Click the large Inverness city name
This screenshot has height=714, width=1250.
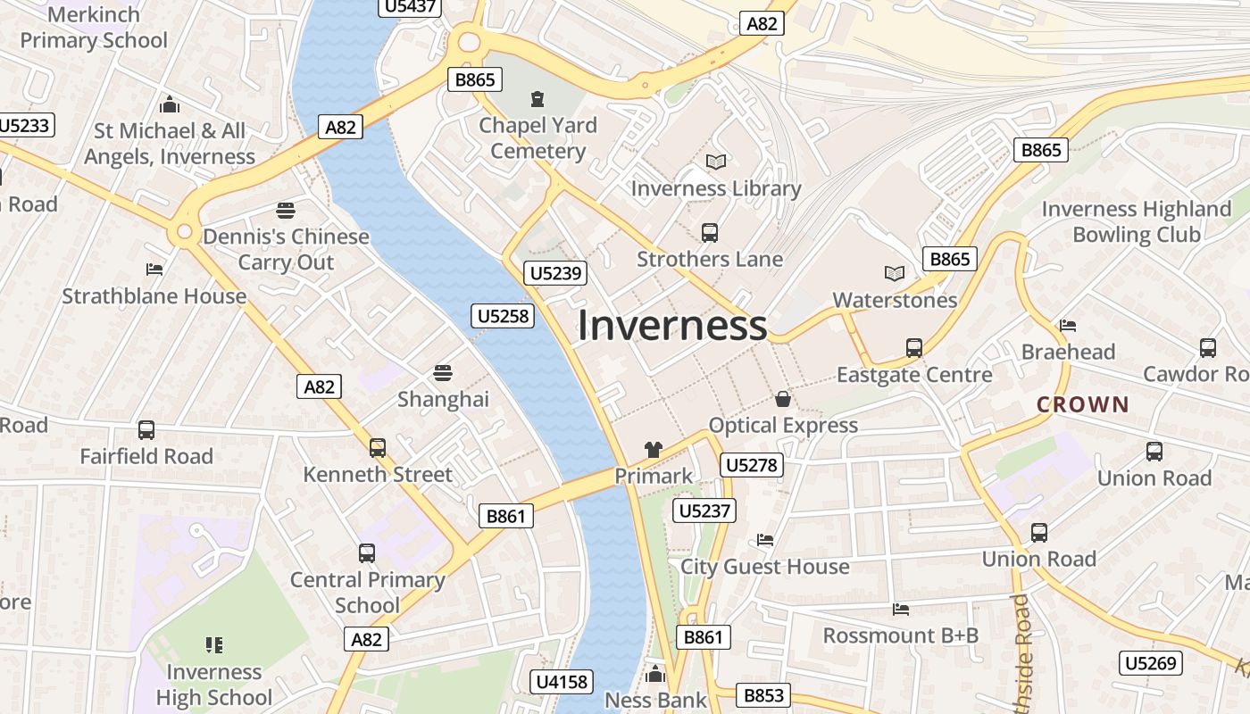671,326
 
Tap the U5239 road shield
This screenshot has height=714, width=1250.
556,273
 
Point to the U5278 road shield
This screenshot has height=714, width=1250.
752,465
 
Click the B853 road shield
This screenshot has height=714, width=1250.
763,695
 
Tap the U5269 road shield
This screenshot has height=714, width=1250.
1151,663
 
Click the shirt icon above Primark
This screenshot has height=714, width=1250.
654,450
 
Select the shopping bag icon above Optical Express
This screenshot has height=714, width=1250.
783,399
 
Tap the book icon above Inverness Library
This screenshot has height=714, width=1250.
716,162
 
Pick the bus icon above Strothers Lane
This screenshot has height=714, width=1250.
710,233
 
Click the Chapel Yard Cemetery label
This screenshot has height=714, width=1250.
537,137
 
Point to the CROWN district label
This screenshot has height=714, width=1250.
1083,404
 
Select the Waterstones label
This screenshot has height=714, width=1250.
895,300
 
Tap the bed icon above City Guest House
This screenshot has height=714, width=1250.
765,540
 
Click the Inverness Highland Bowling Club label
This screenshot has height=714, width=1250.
1136,221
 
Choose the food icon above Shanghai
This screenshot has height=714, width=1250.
443,372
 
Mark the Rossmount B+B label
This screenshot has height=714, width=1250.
900,635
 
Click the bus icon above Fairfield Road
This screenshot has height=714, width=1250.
146,430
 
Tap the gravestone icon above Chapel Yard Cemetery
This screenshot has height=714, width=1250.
537,98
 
